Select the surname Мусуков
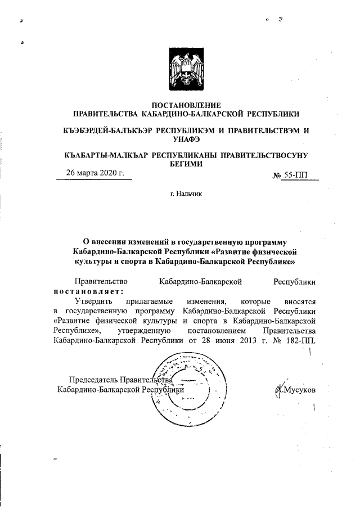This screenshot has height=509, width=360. coord(300,390)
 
